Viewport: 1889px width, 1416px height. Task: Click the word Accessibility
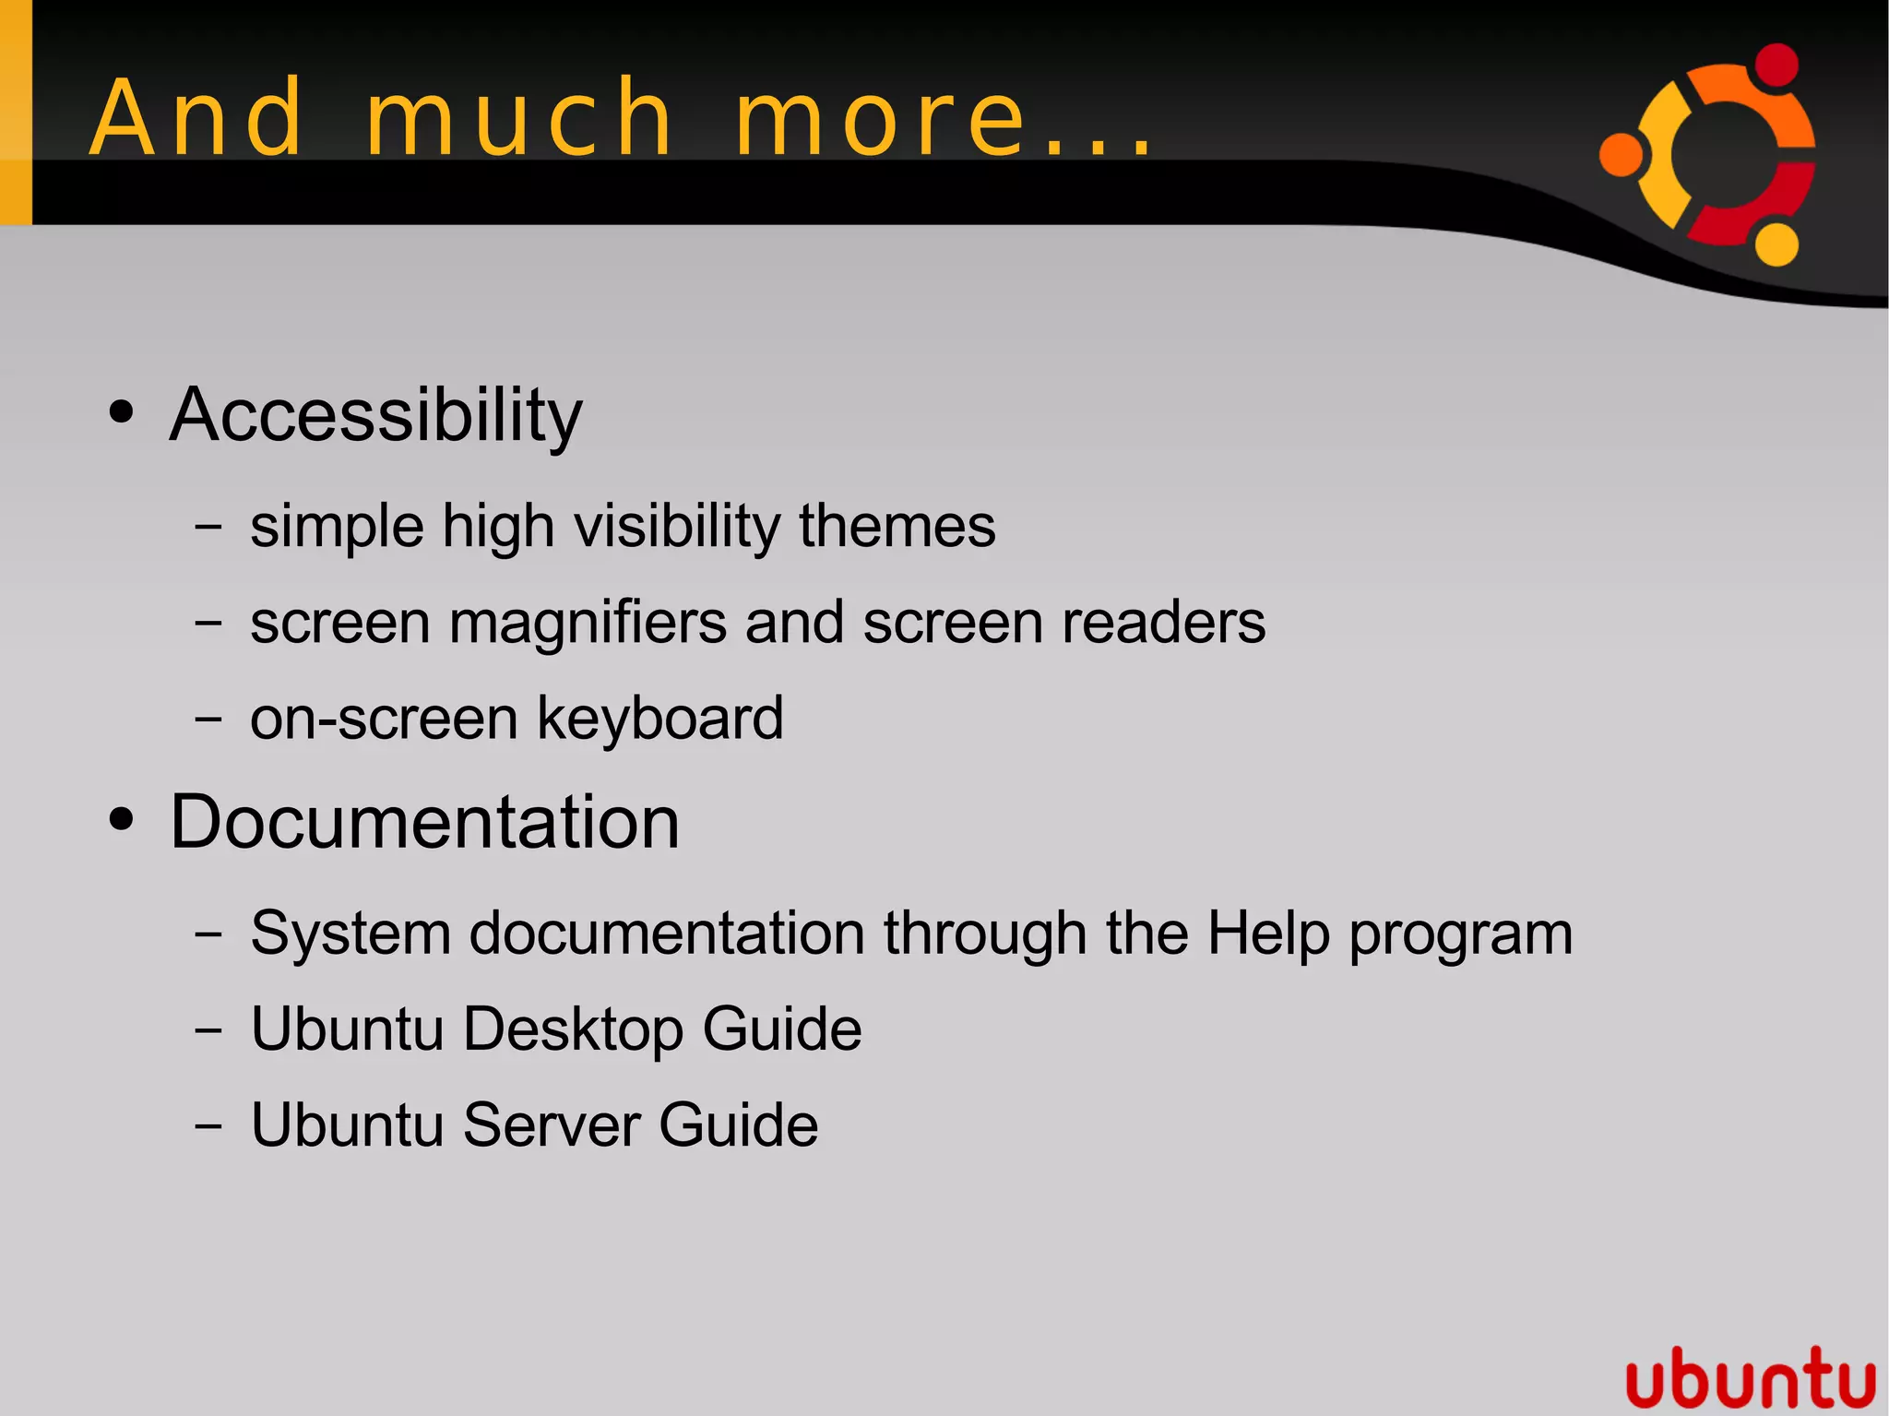375,416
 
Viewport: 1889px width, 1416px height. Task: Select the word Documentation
424,822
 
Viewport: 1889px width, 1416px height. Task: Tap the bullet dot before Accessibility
121,412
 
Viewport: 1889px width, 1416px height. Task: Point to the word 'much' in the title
519,118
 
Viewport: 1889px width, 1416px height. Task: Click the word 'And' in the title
196,118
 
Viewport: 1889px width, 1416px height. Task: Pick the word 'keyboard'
660,719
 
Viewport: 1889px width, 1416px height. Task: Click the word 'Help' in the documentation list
1267,934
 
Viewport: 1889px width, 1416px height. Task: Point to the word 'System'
350,934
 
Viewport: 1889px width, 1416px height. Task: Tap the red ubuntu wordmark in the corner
1750,1378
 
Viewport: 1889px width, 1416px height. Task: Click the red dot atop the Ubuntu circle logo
1776,65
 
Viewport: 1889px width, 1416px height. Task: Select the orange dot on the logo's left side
1621,154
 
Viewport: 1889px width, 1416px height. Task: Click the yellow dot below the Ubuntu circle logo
1776,244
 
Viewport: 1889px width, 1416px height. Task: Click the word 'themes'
897,527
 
